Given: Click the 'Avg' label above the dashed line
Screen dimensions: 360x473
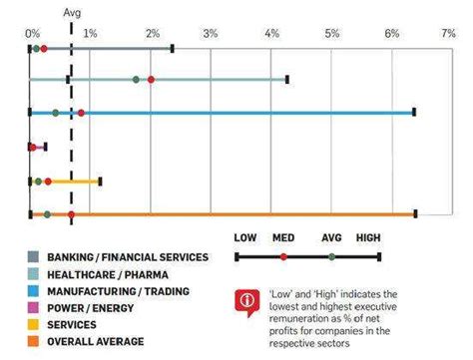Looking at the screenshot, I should click(x=73, y=13).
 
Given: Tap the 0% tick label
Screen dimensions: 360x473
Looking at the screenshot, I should click(x=32, y=34).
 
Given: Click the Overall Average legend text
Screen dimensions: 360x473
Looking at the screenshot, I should click(x=97, y=342).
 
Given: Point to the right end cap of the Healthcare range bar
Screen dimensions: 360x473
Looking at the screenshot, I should click(x=287, y=79).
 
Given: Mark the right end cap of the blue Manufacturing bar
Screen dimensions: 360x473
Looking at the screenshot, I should click(x=414, y=113).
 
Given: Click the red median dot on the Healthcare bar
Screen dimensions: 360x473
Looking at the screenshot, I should click(x=151, y=79).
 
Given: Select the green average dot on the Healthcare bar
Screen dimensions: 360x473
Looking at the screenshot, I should click(x=136, y=79).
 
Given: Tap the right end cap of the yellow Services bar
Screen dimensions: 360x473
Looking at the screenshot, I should click(x=100, y=181).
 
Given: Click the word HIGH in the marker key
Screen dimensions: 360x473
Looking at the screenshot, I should click(x=369, y=238).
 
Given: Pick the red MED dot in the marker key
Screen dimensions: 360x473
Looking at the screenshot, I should click(x=283, y=257).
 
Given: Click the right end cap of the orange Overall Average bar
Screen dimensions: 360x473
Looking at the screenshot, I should click(x=415, y=214).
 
